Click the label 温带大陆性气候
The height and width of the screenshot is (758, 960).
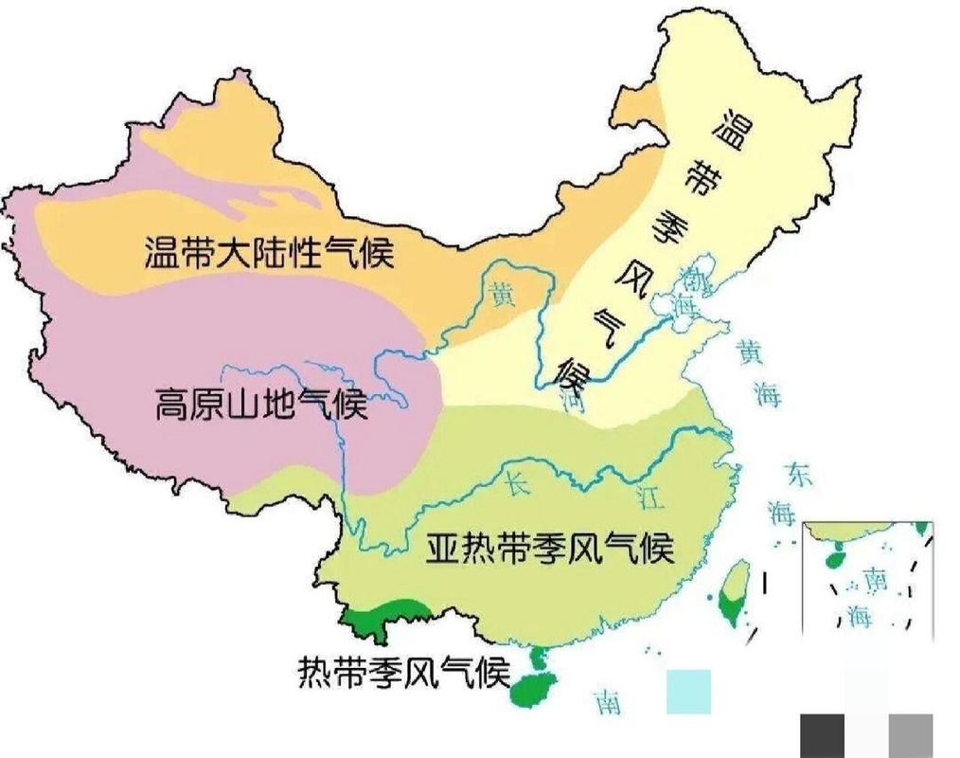pyautogui.click(x=270, y=253)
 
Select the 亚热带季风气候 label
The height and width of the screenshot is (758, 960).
pyautogui.click(x=549, y=549)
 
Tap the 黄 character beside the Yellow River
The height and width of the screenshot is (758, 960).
pyautogui.click(x=499, y=296)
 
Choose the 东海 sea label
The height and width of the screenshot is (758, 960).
pyautogui.click(x=789, y=494)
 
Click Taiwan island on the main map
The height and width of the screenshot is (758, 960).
pyautogui.click(x=733, y=592)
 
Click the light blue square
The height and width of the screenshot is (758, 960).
pyautogui.click(x=688, y=691)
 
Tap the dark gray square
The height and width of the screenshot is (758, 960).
pyautogui.click(x=822, y=735)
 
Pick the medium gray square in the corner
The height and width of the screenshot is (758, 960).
pyautogui.click(x=910, y=735)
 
